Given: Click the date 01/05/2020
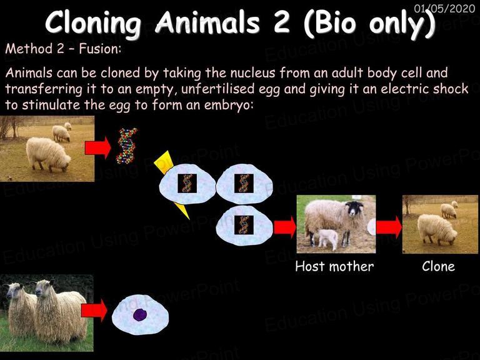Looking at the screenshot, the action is (444, 8).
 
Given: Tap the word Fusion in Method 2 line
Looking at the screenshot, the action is (100, 49).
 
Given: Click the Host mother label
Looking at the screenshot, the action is (334, 266).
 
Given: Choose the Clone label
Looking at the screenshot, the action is (438, 266).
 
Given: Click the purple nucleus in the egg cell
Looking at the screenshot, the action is (140, 315).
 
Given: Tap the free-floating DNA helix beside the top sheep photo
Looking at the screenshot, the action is (126, 146).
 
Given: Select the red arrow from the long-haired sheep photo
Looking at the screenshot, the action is (94, 311).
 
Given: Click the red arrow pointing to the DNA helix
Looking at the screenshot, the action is (98, 148).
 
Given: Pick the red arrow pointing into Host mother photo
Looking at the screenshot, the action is (285, 227).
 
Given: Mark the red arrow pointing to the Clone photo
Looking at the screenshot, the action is (389, 227).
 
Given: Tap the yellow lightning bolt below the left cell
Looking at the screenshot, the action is (182, 211).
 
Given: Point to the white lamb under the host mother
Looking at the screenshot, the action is (328, 238).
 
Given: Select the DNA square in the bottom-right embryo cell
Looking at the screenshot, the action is (244, 225).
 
